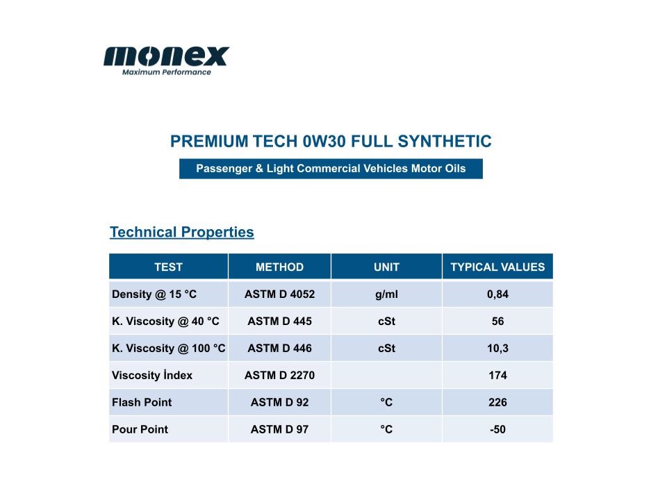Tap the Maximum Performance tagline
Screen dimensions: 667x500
(x=166, y=72)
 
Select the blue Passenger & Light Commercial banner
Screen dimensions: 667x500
(x=331, y=169)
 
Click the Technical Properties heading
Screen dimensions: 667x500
(x=181, y=232)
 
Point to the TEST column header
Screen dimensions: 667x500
(x=168, y=267)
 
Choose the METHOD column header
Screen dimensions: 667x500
(x=279, y=267)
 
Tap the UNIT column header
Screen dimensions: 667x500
(x=386, y=267)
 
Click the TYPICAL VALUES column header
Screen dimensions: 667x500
(x=497, y=267)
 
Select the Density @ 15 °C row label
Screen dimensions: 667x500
(x=154, y=294)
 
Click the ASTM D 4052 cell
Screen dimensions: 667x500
(x=279, y=294)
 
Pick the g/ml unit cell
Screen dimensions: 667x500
(x=386, y=294)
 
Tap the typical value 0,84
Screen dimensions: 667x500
(x=497, y=294)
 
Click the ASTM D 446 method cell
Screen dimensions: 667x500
(x=279, y=348)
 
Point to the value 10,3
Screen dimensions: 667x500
(x=497, y=349)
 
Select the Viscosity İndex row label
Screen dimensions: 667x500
(x=152, y=376)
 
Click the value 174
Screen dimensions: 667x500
(x=497, y=376)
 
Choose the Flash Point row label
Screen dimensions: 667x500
(x=142, y=402)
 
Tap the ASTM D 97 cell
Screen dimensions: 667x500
(x=279, y=429)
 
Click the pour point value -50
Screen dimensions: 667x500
(x=497, y=429)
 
